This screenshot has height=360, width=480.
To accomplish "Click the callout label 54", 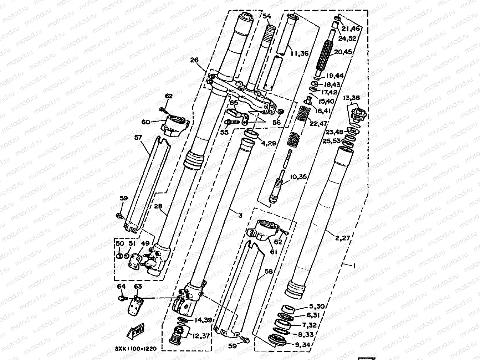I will click(x=267, y=16).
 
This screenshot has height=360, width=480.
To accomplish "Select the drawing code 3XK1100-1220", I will click(x=136, y=349).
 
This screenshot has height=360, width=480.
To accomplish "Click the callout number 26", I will click(x=194, y=60).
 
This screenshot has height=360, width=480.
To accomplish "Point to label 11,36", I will click(x=299, y=53).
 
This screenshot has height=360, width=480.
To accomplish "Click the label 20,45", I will click(x=343, y=52).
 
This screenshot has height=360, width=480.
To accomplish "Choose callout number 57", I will click(x=138, y=138).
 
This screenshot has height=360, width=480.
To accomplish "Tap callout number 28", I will click(x=158, y=206).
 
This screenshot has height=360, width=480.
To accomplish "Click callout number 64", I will click(x=121, y=287).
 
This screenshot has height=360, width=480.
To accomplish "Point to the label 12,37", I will click(x=201, y=335).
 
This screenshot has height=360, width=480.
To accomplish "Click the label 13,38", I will click(x=352, y=98).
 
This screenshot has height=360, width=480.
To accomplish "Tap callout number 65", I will click(x=234, y=103).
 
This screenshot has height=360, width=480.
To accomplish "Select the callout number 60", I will click(x=145, y=122).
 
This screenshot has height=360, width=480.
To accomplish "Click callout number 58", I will click(x=269, y=272).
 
